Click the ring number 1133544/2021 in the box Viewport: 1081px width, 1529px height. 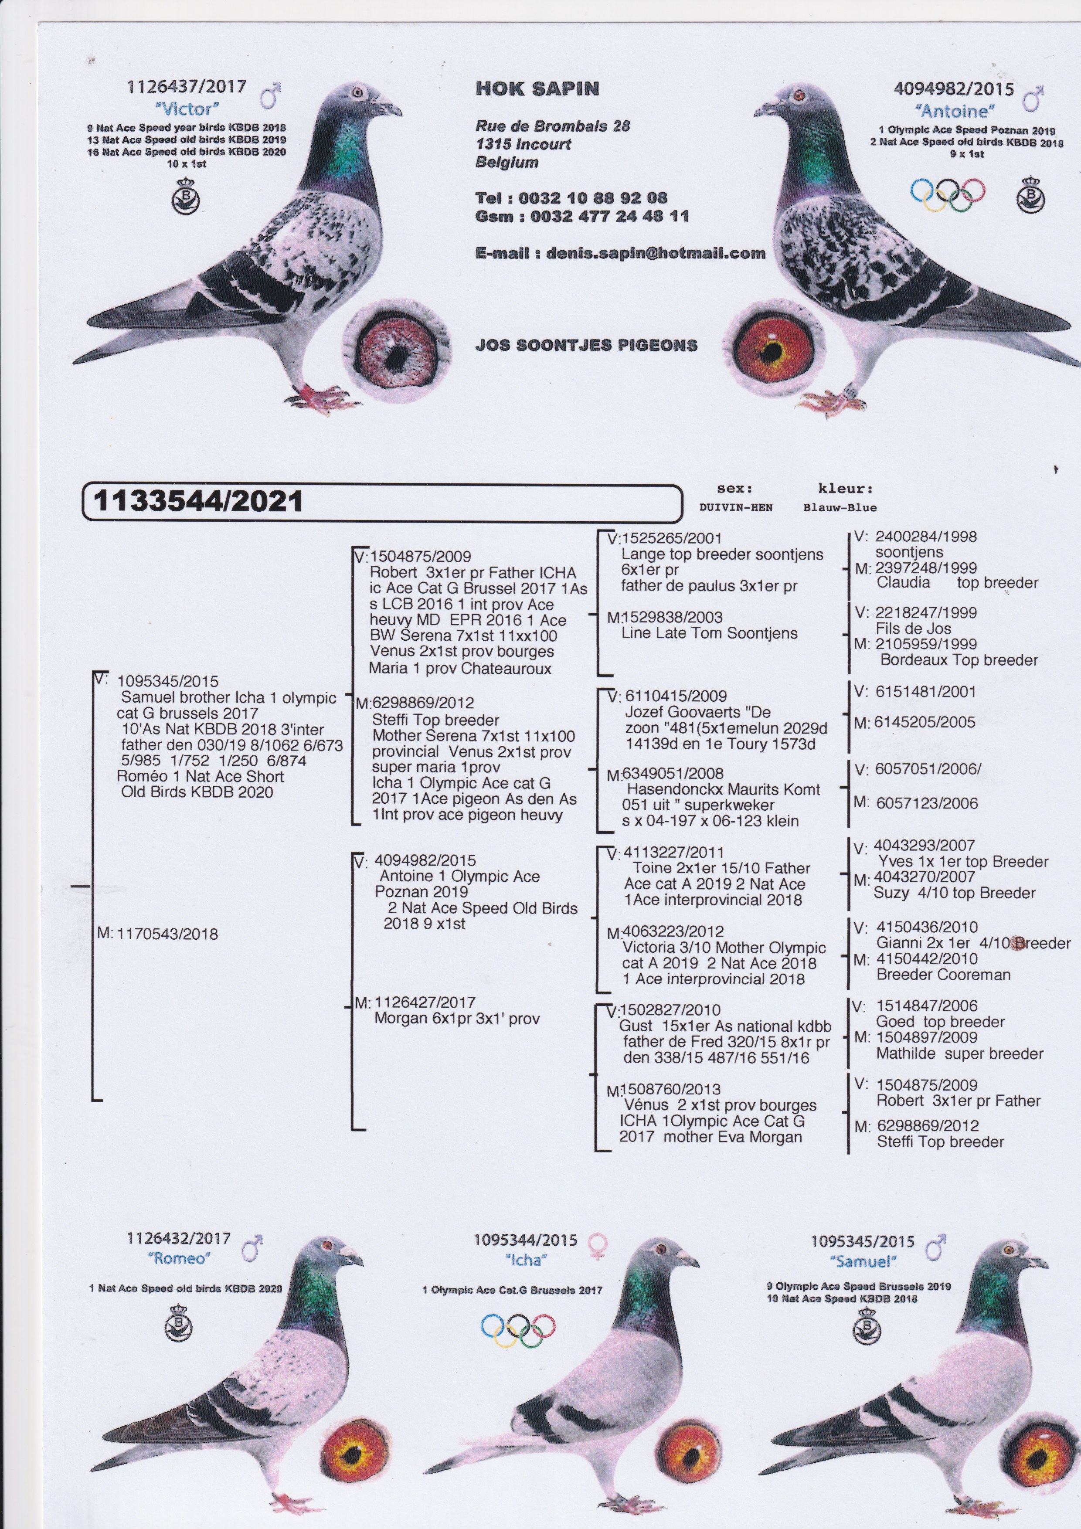tap(198, 501)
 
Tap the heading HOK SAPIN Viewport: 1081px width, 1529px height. tap(537, 88)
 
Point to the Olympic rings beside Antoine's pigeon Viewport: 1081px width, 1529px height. tap(947, 194)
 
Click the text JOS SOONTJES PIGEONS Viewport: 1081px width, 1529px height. tap(586, 345)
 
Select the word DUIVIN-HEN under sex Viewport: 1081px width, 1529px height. tap(735, 507)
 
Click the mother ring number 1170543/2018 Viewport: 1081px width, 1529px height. tap(167, 934)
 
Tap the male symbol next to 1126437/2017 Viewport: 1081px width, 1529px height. tap(270, 95)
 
